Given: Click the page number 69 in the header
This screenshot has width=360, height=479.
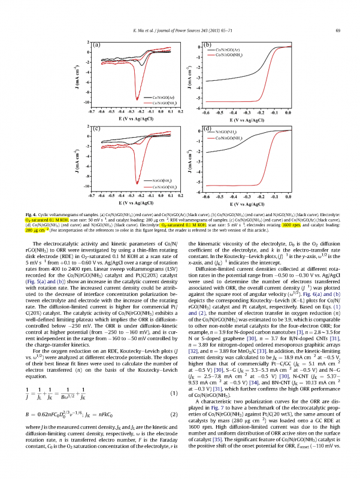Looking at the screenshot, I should (338, 31).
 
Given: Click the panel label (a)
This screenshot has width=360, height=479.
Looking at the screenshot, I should (95, 45).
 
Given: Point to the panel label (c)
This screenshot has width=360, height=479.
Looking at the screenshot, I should (95, 128).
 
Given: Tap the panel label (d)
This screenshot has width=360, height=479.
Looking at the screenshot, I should (209, 128).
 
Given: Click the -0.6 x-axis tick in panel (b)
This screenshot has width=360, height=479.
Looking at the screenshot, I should (205, 112).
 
